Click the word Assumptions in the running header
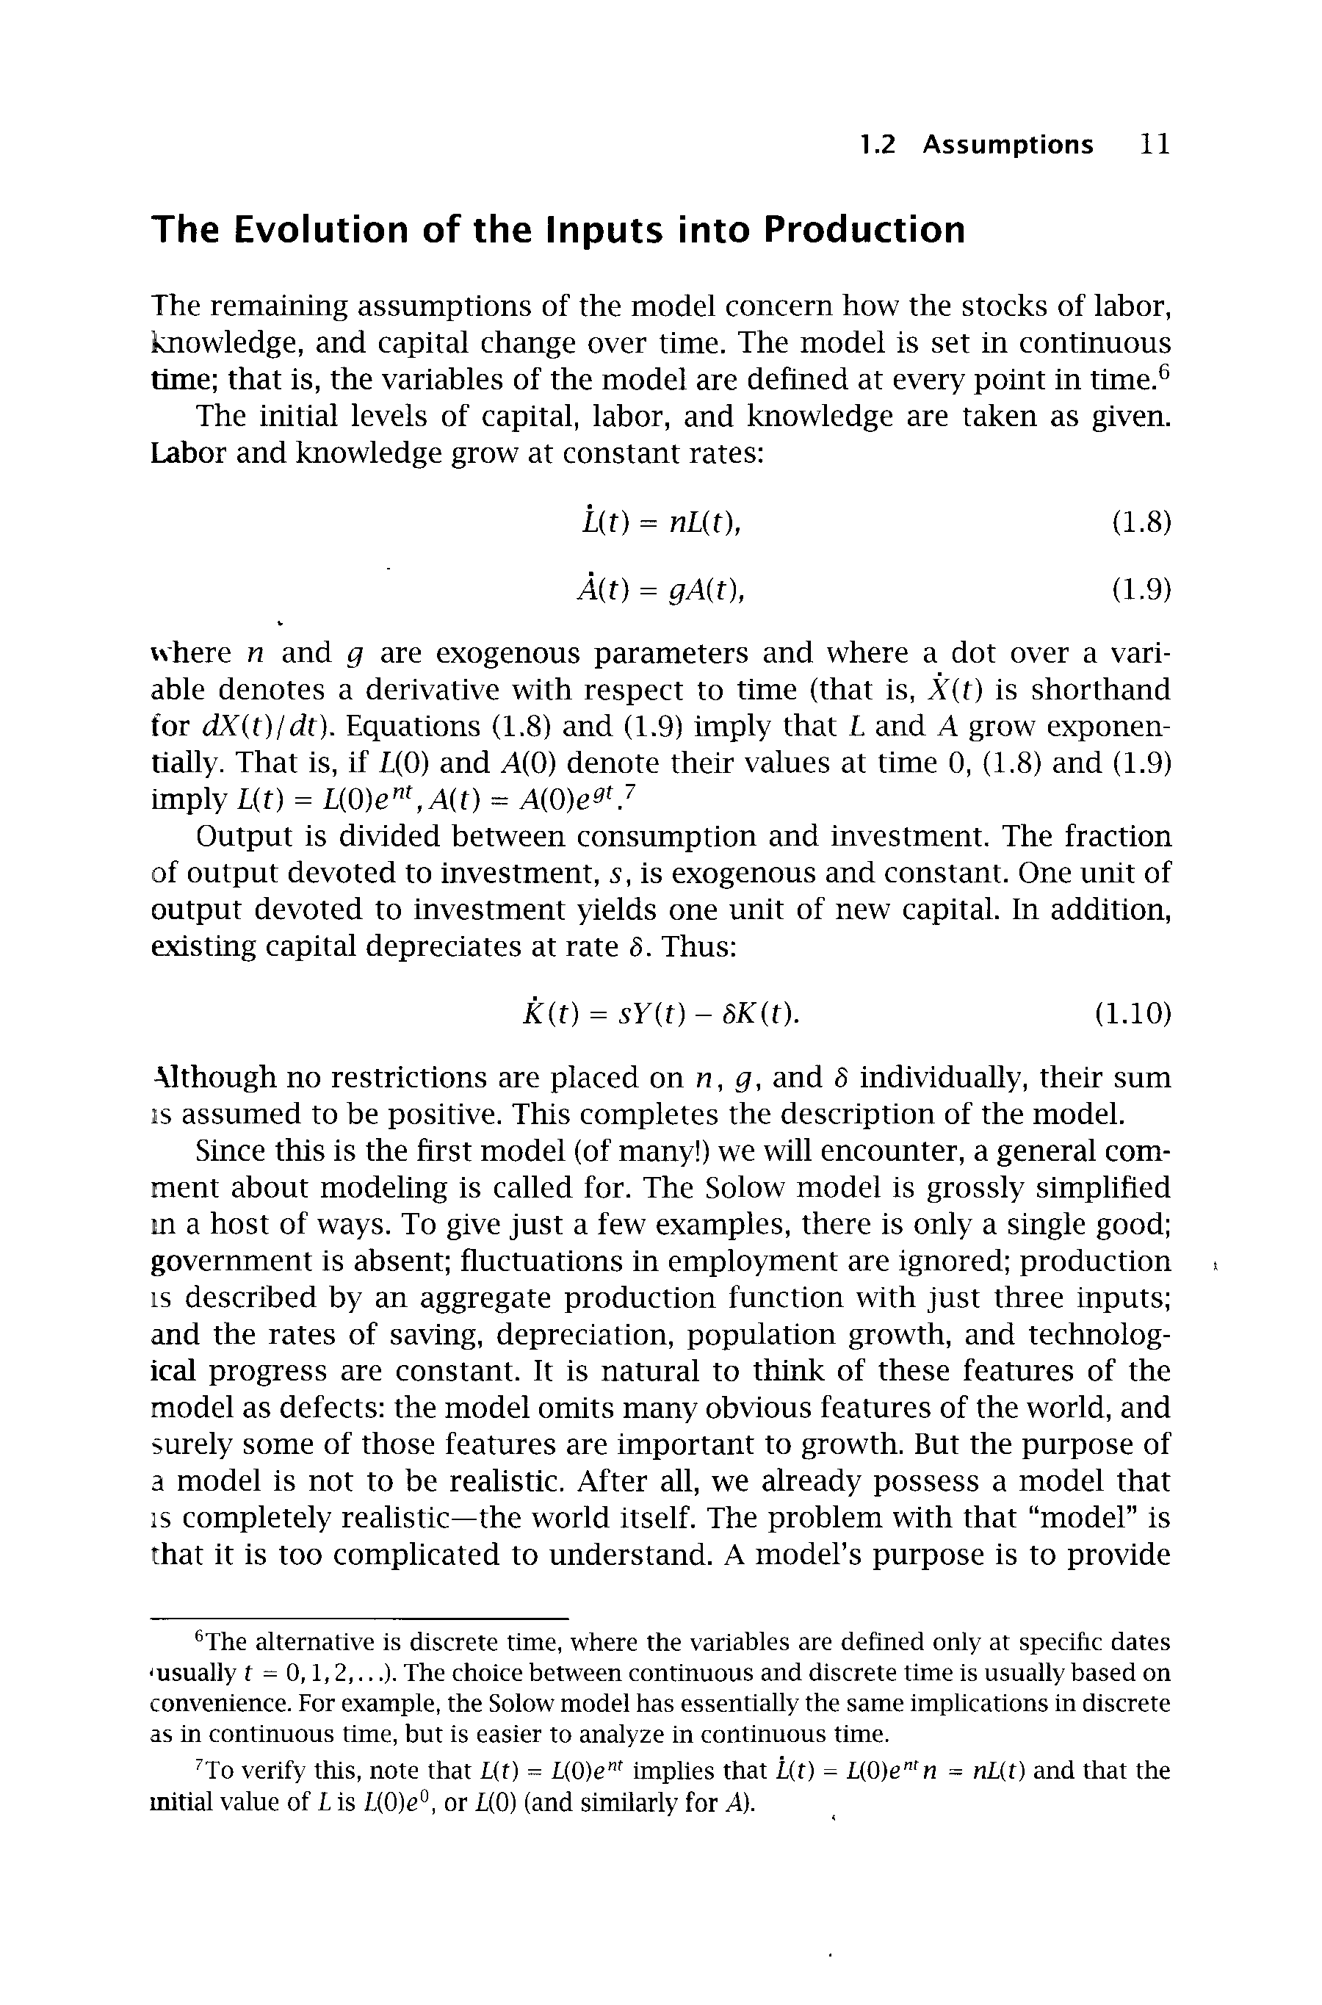1008,145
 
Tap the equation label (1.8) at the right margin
1141,524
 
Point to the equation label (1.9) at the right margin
1141,589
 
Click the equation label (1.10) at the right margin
1133,1012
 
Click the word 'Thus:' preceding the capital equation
700,947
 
